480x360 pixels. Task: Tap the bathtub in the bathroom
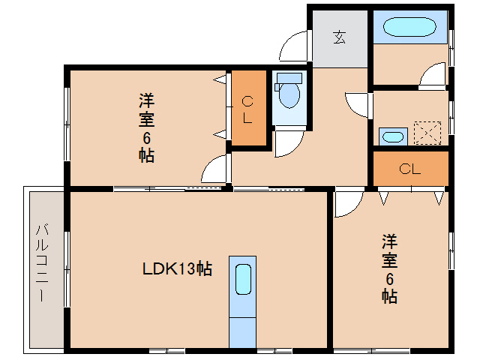click(409, 28)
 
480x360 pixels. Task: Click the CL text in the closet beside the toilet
click(247, 109)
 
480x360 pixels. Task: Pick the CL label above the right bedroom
click(409, 169)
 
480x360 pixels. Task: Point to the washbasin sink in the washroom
click(391, 136)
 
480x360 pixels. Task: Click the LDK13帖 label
click(177, 268)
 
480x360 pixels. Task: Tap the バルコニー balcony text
click(43, 262)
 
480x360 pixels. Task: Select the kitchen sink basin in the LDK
click(242, 280)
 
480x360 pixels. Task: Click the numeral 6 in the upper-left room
click(147, 137)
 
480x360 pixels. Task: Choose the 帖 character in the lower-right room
click(389, 296)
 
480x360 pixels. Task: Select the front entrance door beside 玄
click(294, 46)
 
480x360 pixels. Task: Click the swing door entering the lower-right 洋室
click(347, 202)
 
